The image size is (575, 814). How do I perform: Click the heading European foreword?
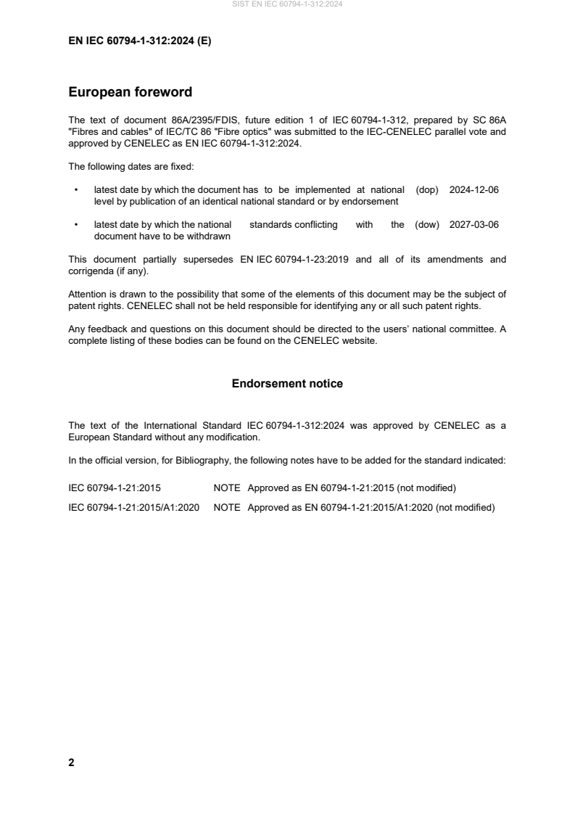pos(130,92)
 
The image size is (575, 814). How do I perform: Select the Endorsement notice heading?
pos(287,383)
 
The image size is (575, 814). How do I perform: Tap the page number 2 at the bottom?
pos(71,762)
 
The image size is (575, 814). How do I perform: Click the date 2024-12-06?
pos(474,189)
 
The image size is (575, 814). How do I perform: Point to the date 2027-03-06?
pos(474,225)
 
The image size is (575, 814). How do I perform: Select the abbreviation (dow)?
pos(427,225)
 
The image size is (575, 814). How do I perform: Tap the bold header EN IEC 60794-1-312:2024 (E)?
pos(139,41)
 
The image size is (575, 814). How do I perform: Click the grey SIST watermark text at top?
pos(287,4)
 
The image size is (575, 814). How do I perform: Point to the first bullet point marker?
pos(76,190)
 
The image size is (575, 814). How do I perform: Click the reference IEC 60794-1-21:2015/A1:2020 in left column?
pos(134,508)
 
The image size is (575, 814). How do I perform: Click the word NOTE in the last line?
pos(227,508)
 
